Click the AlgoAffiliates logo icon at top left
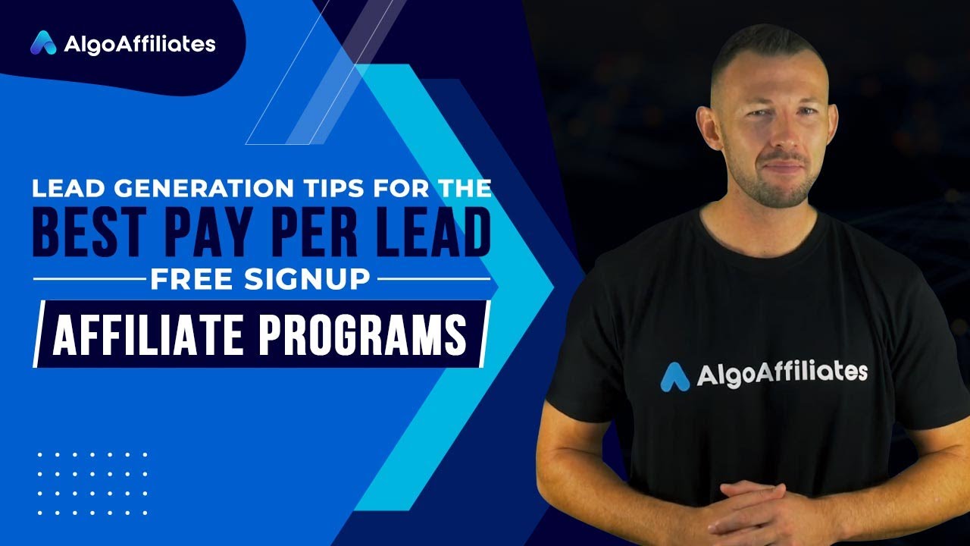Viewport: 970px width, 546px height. [x=43, y=43]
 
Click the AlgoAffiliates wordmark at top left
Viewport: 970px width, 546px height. [x=139, y=44]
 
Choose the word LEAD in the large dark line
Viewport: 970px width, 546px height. [x=430, y=234]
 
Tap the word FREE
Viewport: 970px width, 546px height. [x=189, y=279]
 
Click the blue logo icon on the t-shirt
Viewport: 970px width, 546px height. [x=675, y=377]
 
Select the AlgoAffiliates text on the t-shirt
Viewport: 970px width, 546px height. [x=781, y=373]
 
